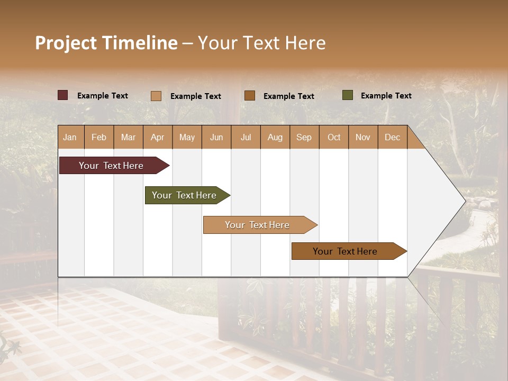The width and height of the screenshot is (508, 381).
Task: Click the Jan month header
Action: pyautogui.click(x=70, y=137)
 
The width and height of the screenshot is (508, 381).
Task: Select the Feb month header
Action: pyautogui.click(x=99, y=137)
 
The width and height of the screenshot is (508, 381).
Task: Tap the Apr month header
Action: pyautogui.click(x=157, y=137)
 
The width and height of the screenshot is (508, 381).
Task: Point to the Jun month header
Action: pyautogui.click(x=216, y=137)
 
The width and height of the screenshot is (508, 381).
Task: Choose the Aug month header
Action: pyautogui.click(x=275, y=137)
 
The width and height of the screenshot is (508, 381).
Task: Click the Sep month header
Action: pyautogui.click(x=304, y=137)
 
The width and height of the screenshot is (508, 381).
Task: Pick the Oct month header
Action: pyautogui.click(x=334, y=137)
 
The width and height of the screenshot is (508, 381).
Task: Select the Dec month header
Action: pyautogui.click(x=392, y=137)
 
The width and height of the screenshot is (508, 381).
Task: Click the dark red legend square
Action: pyautogui.click(x=63, y=95)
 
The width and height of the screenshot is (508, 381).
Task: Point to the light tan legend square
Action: pyautogui.click(x=156, y=96)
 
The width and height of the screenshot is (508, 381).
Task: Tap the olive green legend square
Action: pyautogui.click(x=348, y=95)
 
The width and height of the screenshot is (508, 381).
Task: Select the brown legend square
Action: pyautogui.click(x=250, y=95)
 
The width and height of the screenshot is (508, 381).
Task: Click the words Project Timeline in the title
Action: pyautogui.click(x=106, y=43)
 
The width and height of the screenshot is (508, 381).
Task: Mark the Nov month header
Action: pyautogui.click(x=363, y=137)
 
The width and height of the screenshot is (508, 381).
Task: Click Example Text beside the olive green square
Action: pyautogui.click(x=386, y=96)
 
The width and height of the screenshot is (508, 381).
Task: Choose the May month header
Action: pyautogui.click(x=187, y=137)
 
